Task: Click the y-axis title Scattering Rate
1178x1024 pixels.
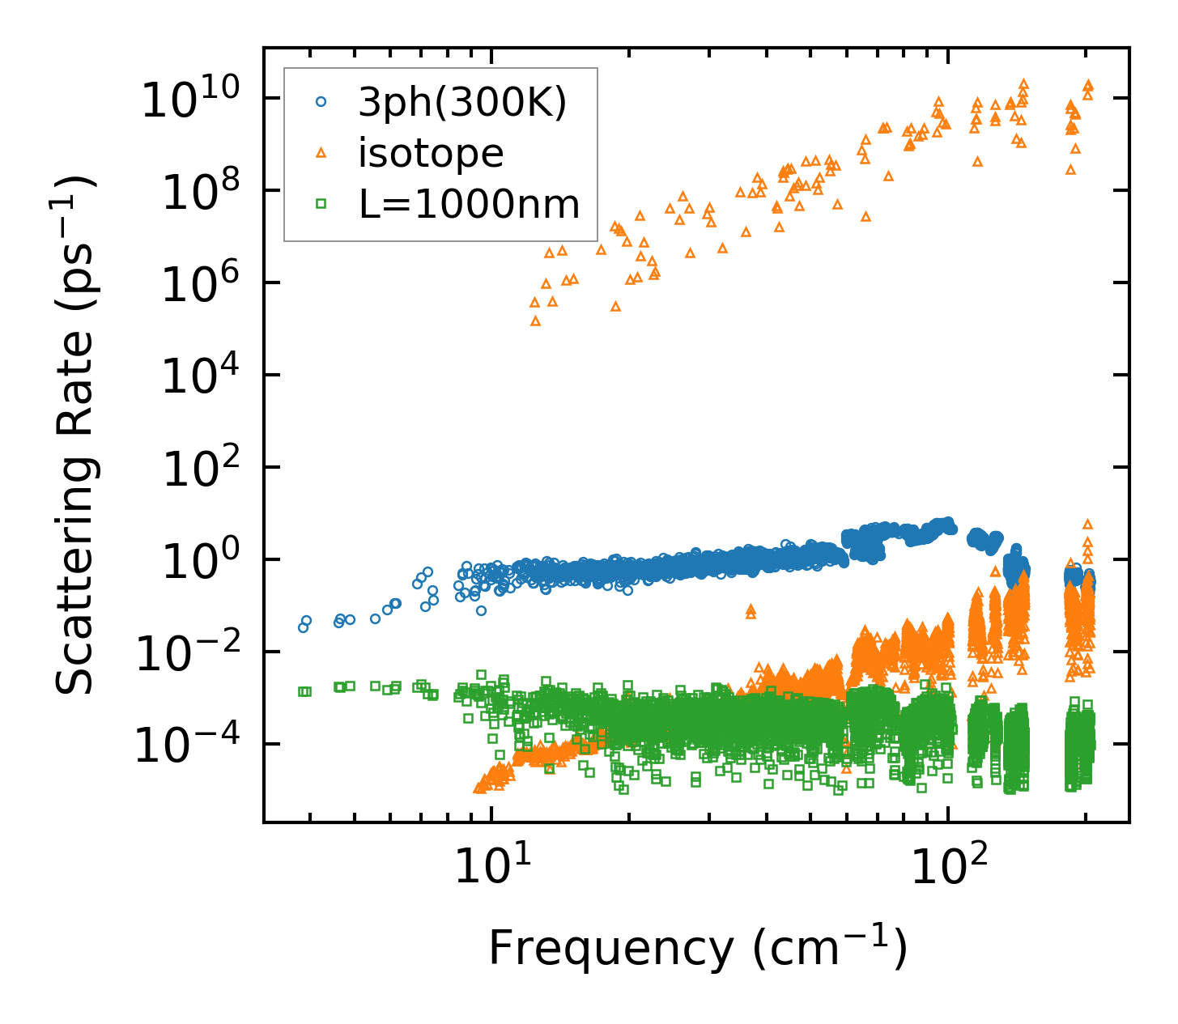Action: tap(75, 435)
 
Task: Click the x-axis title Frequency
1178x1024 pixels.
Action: tap(697, 948)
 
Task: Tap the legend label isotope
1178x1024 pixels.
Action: tap(431, 153)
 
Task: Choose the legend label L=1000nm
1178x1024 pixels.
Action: tap(470, 204)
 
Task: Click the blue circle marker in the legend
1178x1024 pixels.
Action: tap(321, 102)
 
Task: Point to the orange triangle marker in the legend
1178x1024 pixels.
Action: tap(321, 152)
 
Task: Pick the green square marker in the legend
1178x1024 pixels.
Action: tap(321, 204)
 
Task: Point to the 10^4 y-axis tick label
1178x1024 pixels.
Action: tap(199, 377)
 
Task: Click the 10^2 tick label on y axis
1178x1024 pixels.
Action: tap(199, 470)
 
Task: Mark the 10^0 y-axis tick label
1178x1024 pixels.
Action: tap(199, 562)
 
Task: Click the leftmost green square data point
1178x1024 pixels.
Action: tap(302, 691)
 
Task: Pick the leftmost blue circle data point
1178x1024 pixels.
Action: tap(303, 627)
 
